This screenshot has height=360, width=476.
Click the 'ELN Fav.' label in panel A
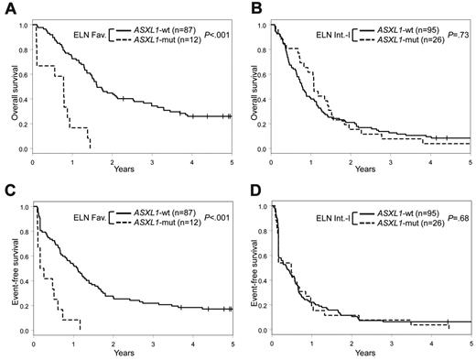point(89,36)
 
